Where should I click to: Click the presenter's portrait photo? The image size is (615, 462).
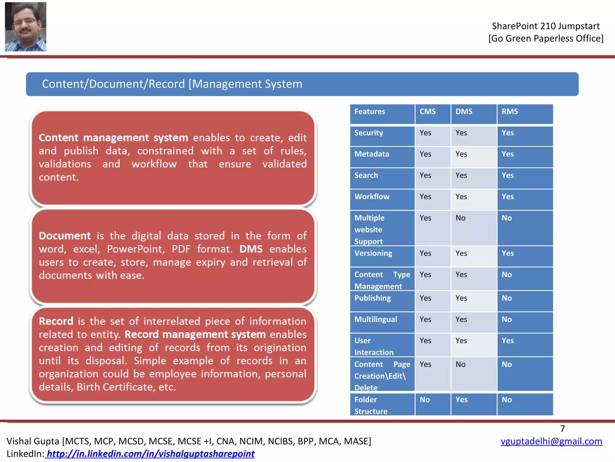[26, 26]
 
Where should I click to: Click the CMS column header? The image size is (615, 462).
[427, 112]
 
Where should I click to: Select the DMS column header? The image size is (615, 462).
[464, 112]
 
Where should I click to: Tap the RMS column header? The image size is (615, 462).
[510, 112]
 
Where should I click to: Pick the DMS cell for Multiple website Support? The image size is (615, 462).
[460, 218]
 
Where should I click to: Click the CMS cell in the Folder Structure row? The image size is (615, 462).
[425, 400]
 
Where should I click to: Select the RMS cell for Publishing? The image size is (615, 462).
[507, 298]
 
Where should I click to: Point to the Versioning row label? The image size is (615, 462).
[373, 253]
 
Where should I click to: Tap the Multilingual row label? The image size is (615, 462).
[375, 319]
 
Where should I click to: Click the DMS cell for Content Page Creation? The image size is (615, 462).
[460, 365]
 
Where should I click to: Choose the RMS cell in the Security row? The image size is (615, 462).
[507, 133]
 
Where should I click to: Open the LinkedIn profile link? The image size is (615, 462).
[150, 454]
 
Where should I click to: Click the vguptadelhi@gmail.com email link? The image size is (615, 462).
[551, 441]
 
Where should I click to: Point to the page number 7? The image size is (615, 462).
[562, 429]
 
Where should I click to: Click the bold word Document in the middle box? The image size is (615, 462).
[65, 236]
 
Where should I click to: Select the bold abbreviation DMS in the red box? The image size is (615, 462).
[251, 249]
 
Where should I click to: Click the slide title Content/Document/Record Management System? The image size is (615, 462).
[172, 84]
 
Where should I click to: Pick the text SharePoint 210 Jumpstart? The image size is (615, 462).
[546, 26]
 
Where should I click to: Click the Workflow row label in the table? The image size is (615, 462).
[372, 197]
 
